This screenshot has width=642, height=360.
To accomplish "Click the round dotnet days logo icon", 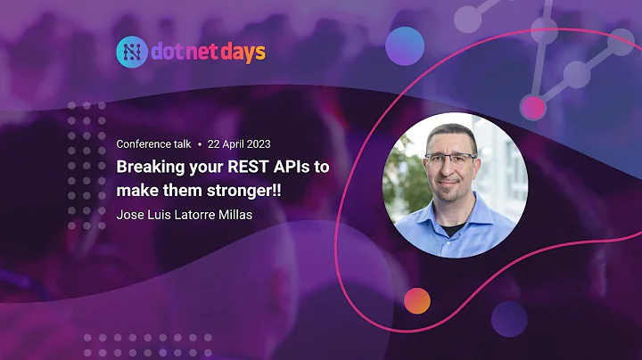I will click(130, 52).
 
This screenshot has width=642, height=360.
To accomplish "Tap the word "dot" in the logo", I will click(168, 52).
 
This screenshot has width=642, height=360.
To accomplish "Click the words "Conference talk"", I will click(153, 144).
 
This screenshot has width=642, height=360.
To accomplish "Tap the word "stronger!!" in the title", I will click(247, 190).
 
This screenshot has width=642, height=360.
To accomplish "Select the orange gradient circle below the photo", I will click(416, 302).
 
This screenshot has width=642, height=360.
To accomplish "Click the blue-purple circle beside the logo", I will click(405, 45).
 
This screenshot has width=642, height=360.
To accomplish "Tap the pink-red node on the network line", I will click(533, 108).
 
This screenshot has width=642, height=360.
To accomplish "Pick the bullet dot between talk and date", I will click(200, 144).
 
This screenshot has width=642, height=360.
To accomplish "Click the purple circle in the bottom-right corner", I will click(509, 319).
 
